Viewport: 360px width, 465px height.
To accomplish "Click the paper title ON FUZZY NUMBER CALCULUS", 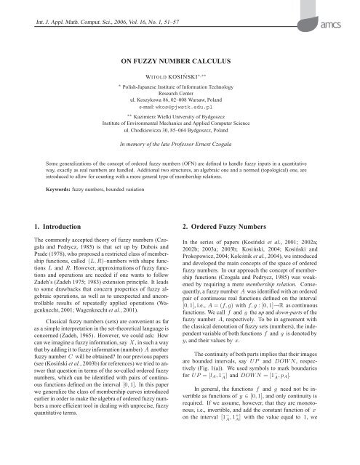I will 180,63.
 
